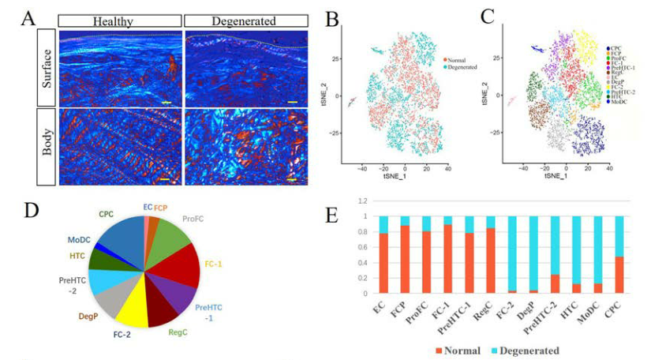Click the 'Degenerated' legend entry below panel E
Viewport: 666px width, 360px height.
(x=520, y=349)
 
